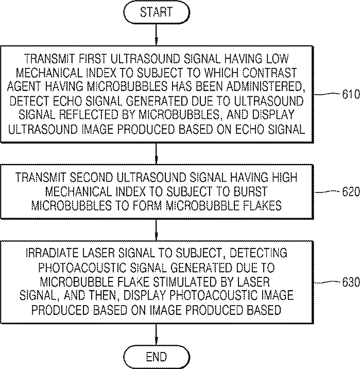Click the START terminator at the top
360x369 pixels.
pyautogui.click(x=157, y=12)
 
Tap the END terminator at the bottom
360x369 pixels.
pyautogui.click(x=157, y=357)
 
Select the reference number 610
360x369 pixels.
pyautogui.click(x=351, y=94)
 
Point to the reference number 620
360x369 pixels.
pyautogui.click(x=351, y=192)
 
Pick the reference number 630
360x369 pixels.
pyautogui.click(x=351, y=282)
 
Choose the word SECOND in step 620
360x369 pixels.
pyautogui.click(x=90, y=177)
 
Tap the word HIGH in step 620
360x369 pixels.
pyautogui.click(x=284, y=177)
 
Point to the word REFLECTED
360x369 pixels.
pyautogui.click(x=92, y=115)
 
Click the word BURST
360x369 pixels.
pyautogui.click(x=250, y=191)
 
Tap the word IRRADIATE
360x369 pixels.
pyautogui.click(x=52, y=253)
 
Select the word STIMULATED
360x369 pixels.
pyautogui.click(x=186, y=282)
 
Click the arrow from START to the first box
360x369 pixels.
pyautogui.click(x=157, y=35)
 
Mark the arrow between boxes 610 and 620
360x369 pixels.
pyautogui.click(x=157, y=154)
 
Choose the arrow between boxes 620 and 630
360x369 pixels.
pyautogui.click(x=157, y=230)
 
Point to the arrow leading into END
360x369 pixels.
pyautogui.click(x=157, y=335)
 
